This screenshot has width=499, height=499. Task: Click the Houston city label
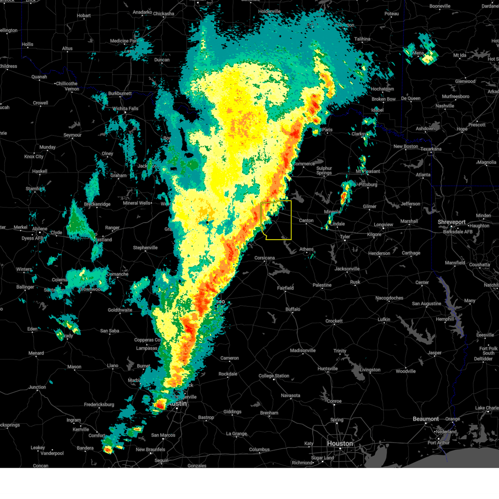click(340, 444)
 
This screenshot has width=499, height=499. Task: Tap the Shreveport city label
click(451, 222)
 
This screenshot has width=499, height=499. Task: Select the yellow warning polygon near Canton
click(276, 220)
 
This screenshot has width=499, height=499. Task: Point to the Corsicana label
click(264, 258)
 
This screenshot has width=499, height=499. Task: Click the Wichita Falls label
click(125, 109)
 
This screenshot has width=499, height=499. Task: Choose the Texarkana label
click(431, 149)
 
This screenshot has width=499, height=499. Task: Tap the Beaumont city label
click(426, 419)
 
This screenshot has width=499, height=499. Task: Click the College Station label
click(274, 376)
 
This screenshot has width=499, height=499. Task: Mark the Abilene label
click(40, 229)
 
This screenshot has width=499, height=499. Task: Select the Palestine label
click(322, 285)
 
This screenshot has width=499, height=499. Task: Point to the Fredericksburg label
click(99, 405)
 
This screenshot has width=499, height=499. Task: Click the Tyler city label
click(345, 237)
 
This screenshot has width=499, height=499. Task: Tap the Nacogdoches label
click(389, 298)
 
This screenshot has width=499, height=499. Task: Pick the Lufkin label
click(384, 319)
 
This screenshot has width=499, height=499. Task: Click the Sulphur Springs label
click(324, 170)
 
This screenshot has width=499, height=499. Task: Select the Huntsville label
click(327, 369)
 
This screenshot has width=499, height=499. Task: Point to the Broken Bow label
click(383, 99)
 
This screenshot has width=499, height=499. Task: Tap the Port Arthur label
click(438, 442)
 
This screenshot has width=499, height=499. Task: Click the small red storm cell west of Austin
click(160, 404)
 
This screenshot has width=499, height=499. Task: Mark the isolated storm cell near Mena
click(422, 50)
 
